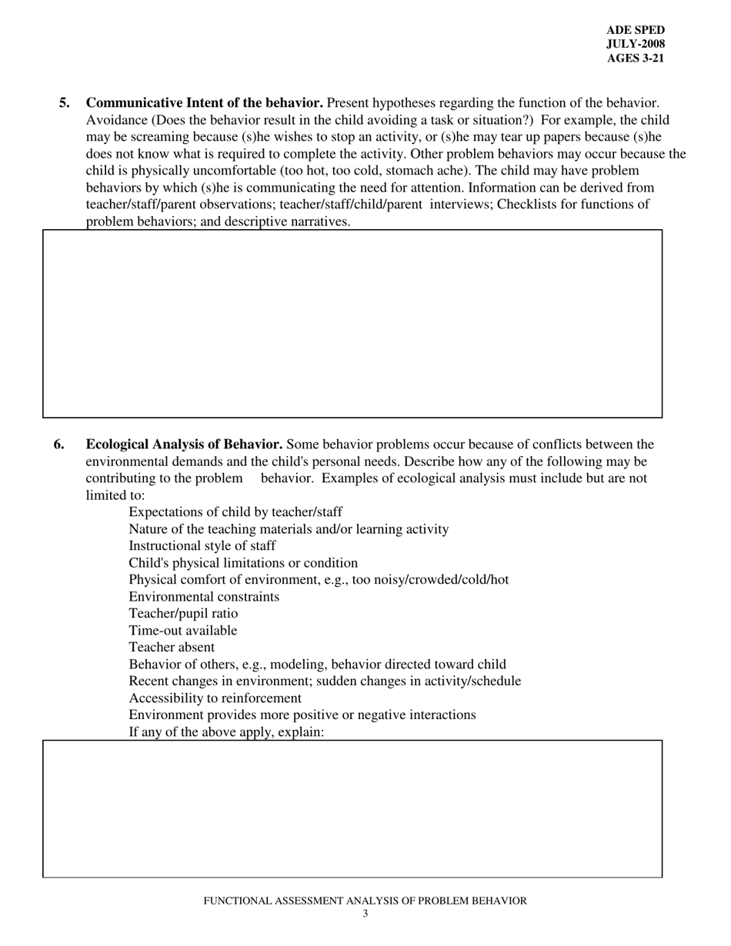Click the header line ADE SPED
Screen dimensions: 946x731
635,30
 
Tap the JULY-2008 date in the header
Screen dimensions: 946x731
635,44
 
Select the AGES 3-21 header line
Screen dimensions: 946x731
635,58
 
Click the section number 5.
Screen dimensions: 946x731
65,103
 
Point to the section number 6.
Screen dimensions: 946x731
59,445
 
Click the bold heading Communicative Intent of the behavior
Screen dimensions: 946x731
204,103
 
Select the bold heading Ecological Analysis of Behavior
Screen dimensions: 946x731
184,445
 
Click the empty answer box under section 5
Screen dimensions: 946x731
352,324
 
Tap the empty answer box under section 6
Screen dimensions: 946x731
352,808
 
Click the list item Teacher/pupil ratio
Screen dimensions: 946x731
183,614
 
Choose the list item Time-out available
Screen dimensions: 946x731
183,631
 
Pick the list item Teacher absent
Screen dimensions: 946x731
172,648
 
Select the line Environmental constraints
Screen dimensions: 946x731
204,597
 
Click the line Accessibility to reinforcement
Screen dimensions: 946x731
215,698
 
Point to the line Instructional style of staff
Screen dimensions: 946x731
202,546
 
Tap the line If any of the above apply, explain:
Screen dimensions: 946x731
226,732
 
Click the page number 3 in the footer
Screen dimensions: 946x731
365,914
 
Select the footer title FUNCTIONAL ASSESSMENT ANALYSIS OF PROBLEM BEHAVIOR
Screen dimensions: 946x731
365,901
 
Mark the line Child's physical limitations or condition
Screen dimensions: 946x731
243,563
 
